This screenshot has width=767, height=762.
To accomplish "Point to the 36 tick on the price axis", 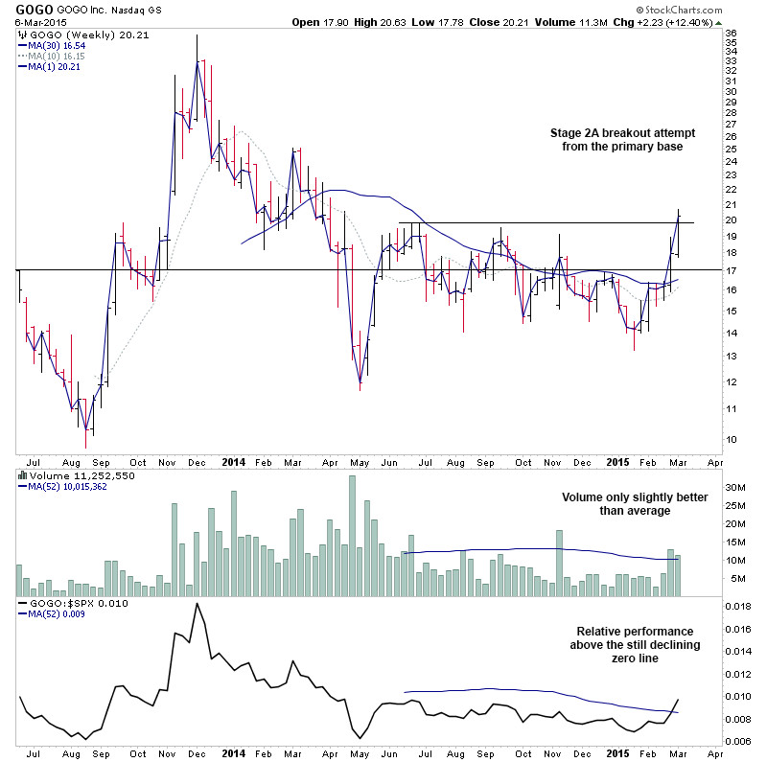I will [x=732, y=34].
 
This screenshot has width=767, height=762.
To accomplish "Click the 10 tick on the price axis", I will [x=732, y=440].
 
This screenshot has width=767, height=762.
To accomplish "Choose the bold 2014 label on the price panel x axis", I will [x=234, y=461].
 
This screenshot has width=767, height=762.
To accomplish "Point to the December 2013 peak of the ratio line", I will [x=198, y=604].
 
